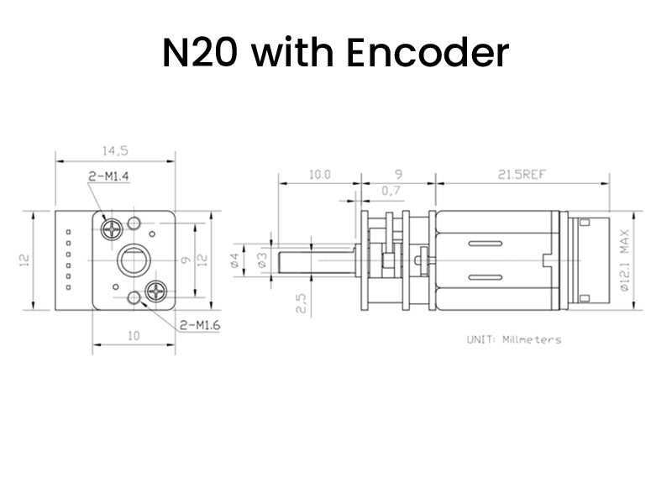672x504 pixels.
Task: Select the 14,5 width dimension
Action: click(115, 151)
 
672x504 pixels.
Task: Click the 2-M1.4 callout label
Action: click(113, 176)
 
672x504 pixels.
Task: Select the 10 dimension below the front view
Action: click(134, 336)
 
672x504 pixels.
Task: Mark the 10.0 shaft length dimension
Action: click(319, 175)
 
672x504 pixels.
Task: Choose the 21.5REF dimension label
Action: click(522, 175)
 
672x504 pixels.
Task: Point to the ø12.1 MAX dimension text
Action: click(624, 261)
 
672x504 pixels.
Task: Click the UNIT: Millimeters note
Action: click(513, 339)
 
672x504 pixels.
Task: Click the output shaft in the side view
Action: click(315, 260)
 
